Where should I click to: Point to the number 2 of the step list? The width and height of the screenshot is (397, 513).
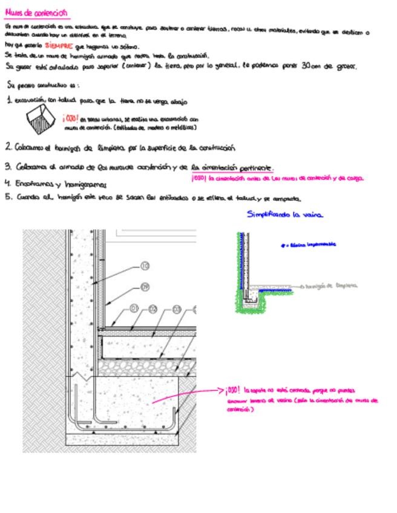(x=8, y=147)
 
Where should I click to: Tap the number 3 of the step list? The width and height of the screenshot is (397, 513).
(x=8, y=166)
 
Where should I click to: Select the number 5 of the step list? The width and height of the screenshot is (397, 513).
(x=8, y=197)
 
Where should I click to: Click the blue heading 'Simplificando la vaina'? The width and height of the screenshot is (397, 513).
(x=285, y=214)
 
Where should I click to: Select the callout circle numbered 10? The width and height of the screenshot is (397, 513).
(x=144, y=266)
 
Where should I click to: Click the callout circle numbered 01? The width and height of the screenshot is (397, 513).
(x=135, y=309)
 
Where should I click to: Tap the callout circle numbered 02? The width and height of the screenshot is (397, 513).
(x=153, y=309)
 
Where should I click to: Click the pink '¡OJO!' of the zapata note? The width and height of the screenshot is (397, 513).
(x=234, y=390)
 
